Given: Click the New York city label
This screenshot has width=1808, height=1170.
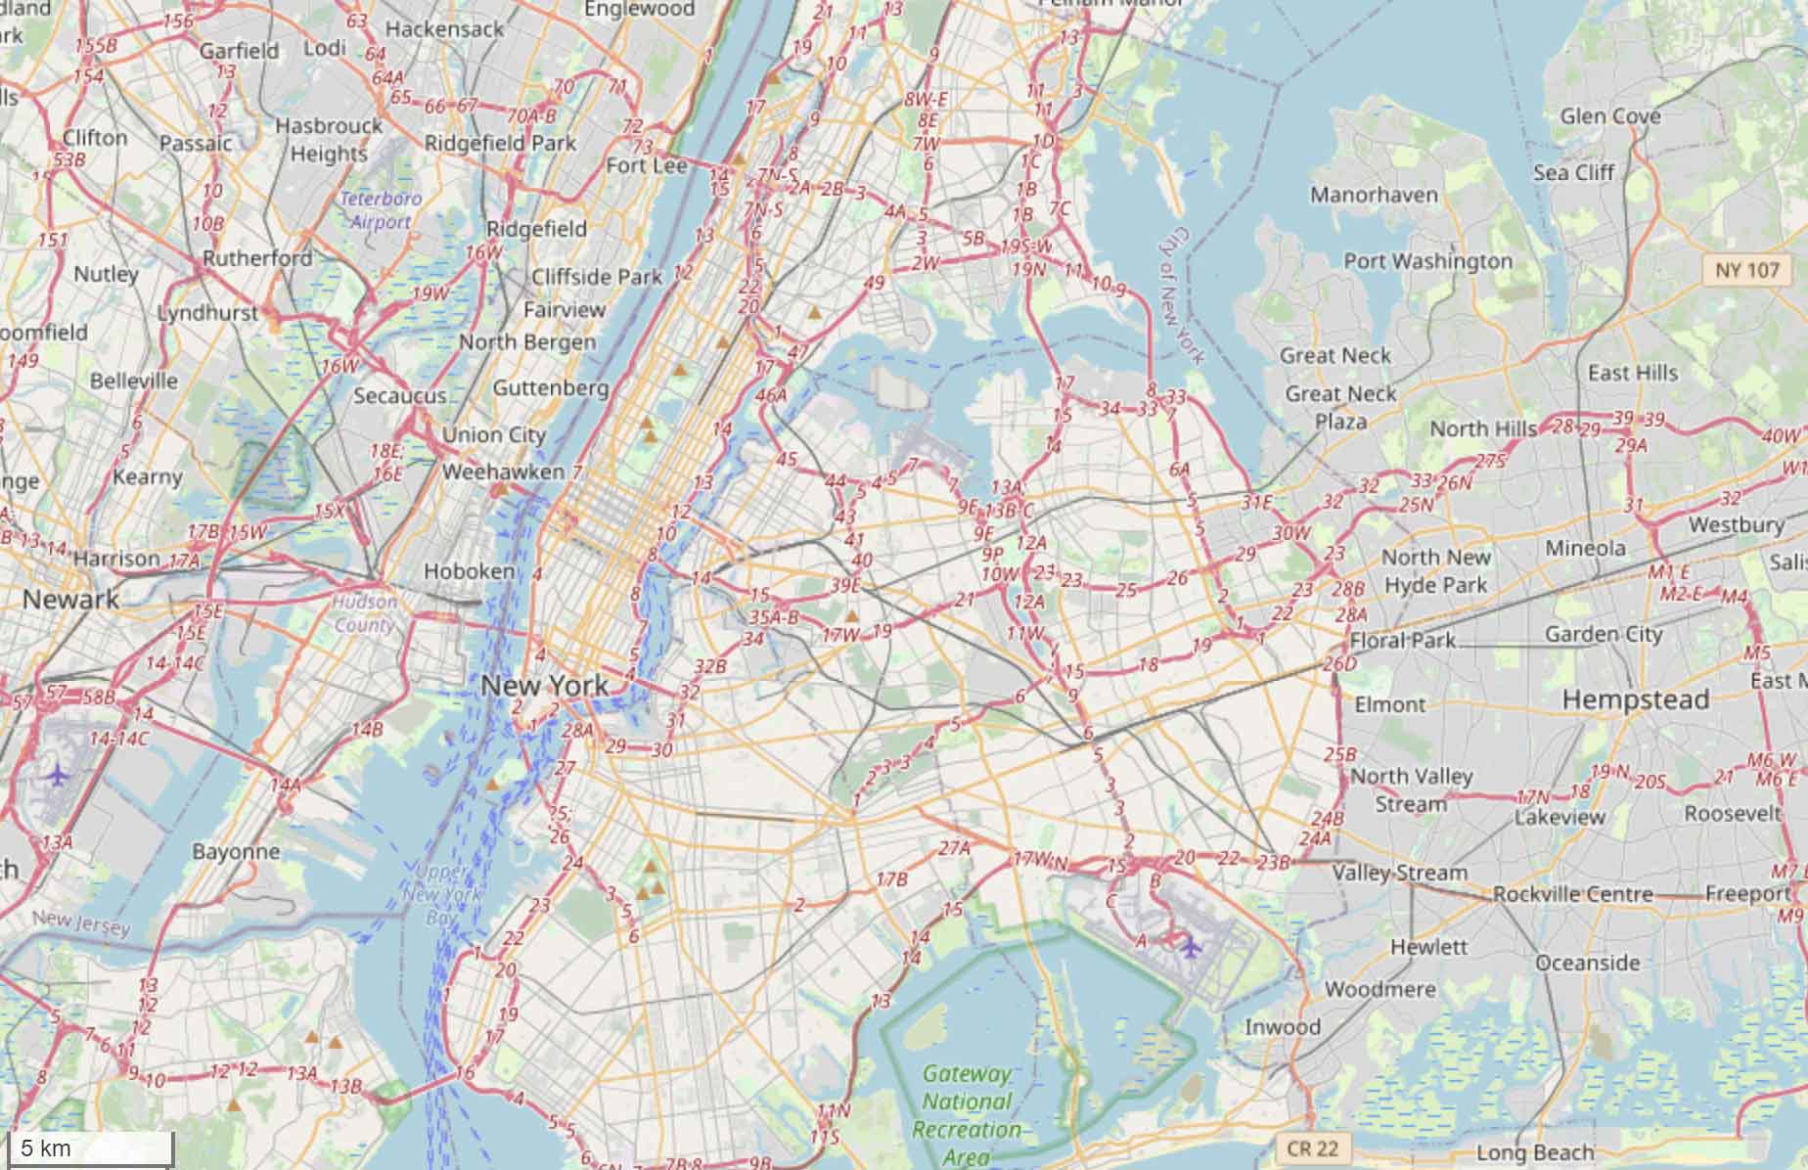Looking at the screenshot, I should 544,686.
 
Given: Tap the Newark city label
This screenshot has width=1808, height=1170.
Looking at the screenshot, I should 70,600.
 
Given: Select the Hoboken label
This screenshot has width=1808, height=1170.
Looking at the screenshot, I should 470,570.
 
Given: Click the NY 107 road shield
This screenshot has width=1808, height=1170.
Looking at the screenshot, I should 1747,269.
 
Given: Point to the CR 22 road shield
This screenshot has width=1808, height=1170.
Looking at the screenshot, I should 1312,1147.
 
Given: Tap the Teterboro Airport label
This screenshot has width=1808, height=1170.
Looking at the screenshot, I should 381,210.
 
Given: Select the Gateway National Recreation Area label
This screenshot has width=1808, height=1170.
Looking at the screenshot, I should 967,1115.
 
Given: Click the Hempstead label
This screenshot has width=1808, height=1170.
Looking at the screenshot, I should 1635,699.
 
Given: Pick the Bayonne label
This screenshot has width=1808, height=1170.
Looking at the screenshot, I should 236,851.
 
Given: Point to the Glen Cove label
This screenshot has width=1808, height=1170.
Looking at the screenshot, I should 1609,116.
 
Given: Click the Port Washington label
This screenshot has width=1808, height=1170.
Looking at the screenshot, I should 1427,261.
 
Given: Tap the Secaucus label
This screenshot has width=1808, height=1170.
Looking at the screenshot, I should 399,396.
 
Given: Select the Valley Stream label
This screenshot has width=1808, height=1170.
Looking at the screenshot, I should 1399,872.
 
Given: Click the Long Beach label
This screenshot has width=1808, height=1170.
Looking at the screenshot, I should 1534,1152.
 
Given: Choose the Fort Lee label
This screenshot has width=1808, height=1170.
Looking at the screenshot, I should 646,165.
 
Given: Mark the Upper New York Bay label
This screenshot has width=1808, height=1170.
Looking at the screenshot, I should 442,894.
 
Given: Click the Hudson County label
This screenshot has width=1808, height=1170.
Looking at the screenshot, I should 365,613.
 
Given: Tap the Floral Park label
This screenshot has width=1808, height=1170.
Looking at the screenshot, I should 1402,641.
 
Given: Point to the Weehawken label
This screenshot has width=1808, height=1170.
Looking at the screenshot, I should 503,472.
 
